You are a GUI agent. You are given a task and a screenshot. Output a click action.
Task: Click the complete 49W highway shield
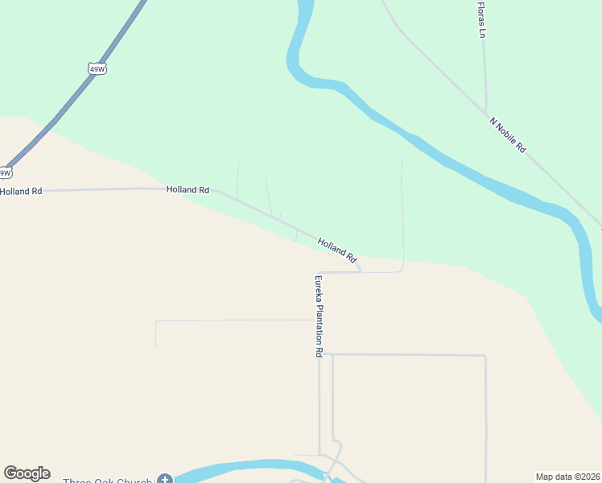click(97, 69)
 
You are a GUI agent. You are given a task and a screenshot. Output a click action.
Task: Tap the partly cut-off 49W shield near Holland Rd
click(5, 172)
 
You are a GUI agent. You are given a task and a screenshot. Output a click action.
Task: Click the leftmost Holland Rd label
click(21, 192)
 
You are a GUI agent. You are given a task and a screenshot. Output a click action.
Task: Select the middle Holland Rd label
click(188, 189)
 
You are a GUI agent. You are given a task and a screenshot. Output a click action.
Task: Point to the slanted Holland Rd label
click(336, 250)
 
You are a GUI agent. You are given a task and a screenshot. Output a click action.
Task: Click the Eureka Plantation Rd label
click(319, 316)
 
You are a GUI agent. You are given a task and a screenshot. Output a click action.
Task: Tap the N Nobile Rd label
click(507, 134)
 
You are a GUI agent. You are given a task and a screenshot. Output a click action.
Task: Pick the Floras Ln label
click(481, 19)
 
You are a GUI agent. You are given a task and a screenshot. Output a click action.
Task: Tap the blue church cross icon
click(165, 480)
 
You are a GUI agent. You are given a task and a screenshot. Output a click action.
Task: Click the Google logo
click(27, 473)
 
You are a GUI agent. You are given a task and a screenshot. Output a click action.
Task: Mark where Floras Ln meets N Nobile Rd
click(485, 112)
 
